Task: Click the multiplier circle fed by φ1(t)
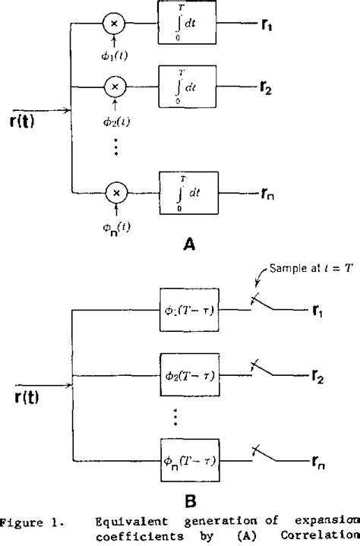pyautogui.click(x=115, y=25)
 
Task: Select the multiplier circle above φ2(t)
pyautogui.click(x=115, y=88)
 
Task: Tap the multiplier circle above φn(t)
pyautogui.click(x=115, y=194)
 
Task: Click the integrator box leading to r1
pyautogui.click(x=187, y=24)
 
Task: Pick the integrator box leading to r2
pyautogui.click(x=187, y=87)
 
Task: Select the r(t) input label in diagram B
pyautogui.click(x=26, y=396)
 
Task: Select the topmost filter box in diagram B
pyautogui.click(x=187, y=309)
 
